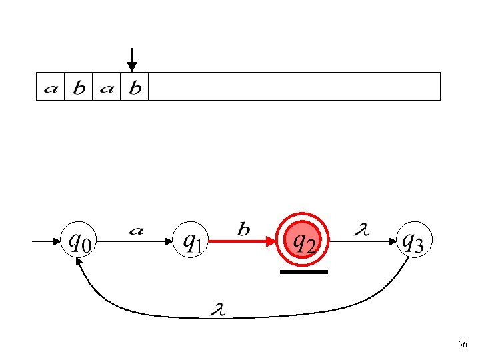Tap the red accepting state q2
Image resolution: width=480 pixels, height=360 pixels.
coord(304,240)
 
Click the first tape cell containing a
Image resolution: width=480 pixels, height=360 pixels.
coord(51,87)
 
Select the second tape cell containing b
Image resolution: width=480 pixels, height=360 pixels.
coord(79,87)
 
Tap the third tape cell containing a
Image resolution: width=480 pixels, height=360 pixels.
coord(107,87)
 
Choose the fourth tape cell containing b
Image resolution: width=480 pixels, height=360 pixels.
coord(135,87)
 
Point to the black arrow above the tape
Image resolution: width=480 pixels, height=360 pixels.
coord(132,59)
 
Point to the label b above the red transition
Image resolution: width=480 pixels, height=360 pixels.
coord(244,229)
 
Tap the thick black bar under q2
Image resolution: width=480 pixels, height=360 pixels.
coord(304,272)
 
